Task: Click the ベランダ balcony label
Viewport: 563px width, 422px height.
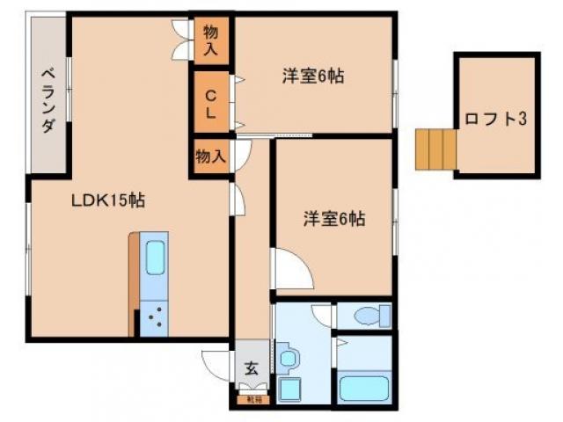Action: (48, 99)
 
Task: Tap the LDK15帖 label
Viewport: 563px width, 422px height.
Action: (108, 200)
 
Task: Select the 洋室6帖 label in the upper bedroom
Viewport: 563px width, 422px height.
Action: (312, 76)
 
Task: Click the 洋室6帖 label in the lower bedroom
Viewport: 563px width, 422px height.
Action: (335, 219)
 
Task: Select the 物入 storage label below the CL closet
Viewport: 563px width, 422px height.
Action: (211, 156)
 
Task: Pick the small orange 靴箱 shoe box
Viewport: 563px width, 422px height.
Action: (253, 398)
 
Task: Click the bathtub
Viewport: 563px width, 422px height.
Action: (363, 386)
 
